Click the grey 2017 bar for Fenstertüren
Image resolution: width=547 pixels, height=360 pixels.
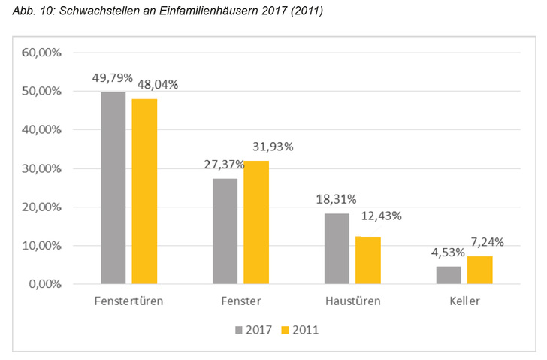pos(113,188)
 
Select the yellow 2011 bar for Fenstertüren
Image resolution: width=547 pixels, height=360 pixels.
pos(144,192)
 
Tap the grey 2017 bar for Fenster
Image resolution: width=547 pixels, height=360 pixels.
pos(225,231)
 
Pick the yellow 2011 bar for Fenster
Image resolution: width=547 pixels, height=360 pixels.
pos(256,222)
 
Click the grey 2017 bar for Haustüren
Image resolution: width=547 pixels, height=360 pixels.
pos(337,249)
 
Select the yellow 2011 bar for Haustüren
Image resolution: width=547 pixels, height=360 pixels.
pos(368,260)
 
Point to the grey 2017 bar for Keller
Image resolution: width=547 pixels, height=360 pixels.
pos(449,275)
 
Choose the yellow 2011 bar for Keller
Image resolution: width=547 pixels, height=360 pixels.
pos(480,270)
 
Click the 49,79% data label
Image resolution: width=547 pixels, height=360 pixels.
pos(113,78)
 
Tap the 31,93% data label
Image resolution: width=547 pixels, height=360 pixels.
pos(272,147)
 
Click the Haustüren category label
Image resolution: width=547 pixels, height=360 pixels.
pos(352,302)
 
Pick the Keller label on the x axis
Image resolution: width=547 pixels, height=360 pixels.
pos(464,302)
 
